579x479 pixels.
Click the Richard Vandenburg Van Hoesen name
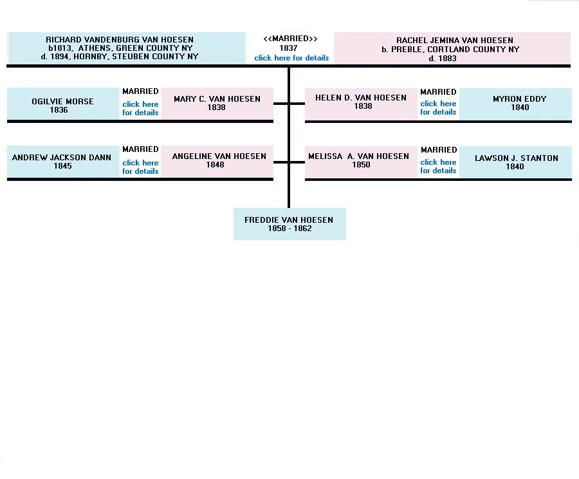120,39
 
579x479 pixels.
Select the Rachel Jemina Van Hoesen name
455,41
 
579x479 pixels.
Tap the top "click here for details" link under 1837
291,58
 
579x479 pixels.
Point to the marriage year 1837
288,48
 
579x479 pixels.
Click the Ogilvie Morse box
63,104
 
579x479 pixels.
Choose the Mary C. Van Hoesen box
217,104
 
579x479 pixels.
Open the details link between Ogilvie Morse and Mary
140,108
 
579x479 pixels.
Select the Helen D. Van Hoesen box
361,104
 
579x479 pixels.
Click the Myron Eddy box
515,104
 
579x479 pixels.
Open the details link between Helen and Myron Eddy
438,108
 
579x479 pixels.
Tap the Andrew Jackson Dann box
63,162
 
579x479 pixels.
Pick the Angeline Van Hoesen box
217,162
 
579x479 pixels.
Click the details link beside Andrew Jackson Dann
140,167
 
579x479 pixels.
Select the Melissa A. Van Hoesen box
361,162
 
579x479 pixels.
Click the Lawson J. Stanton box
515,162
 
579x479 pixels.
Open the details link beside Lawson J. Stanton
438,166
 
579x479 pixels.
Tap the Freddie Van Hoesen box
289,224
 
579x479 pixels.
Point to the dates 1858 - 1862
289,229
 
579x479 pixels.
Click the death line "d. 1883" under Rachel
443,59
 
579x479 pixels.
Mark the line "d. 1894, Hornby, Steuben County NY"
120,57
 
